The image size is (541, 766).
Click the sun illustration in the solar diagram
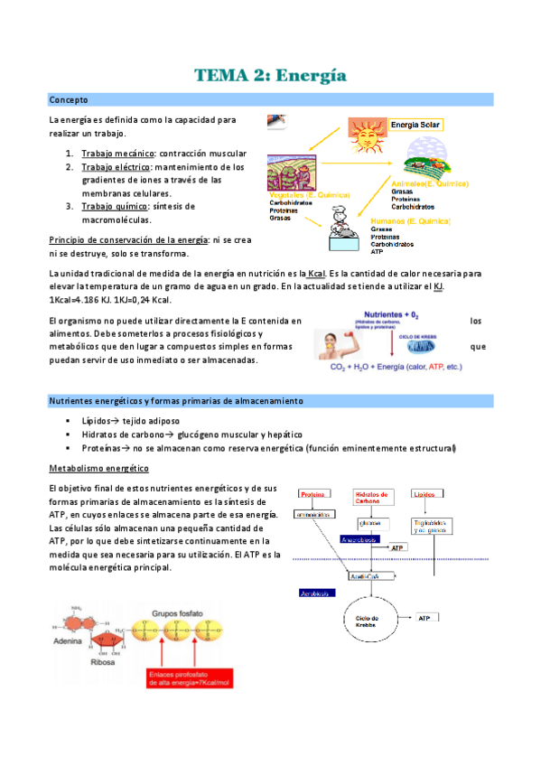point(367,136)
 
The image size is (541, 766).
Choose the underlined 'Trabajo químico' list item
point(117,206)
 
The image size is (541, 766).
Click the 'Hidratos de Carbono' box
point(372,498)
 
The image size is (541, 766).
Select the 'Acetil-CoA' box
point(365,577)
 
